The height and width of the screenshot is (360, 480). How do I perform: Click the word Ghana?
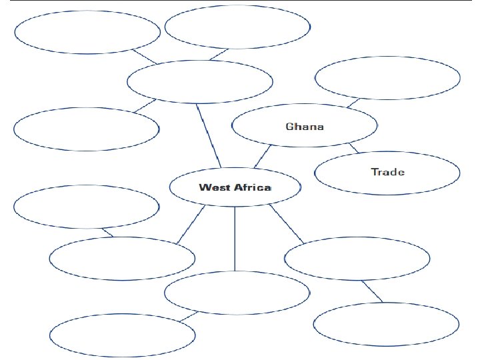(305, 126)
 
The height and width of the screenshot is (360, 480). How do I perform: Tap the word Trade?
(387, 172)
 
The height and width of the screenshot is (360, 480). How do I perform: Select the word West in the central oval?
(214, 187)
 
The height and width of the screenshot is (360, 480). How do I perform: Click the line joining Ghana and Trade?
(353, 148)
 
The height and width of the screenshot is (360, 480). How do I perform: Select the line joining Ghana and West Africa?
(262, 157)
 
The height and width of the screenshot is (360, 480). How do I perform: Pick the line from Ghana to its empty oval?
(354, 103)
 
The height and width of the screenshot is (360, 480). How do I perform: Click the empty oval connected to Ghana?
(387, 79)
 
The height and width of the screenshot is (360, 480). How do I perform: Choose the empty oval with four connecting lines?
(199, 81)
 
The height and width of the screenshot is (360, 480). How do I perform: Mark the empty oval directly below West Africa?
(237, 292)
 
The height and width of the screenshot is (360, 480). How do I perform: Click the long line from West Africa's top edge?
(209, 135)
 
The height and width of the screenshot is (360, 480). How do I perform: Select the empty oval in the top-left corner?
(87, 32)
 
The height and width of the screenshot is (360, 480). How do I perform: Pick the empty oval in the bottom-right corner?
(386, 325)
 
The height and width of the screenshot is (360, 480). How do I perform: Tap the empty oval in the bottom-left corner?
(123, 335)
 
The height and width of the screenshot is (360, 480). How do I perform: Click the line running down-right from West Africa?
(287, 224)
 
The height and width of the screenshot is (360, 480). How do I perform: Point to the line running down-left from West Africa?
(191, 225)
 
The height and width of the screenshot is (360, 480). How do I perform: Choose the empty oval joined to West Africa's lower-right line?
(357, 259)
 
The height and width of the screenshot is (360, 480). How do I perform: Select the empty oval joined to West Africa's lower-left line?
(123, 259)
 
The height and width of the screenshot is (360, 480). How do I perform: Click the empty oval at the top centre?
(237, 27)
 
